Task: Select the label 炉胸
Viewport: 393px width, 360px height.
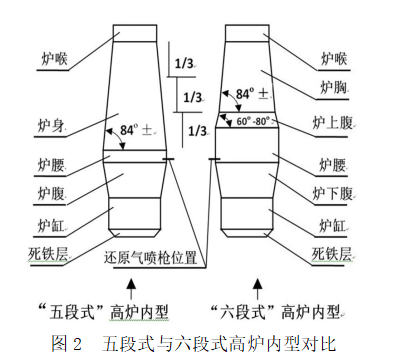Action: tap(333, 87)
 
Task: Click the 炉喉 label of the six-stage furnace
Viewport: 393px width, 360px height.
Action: tap(333, 57)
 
